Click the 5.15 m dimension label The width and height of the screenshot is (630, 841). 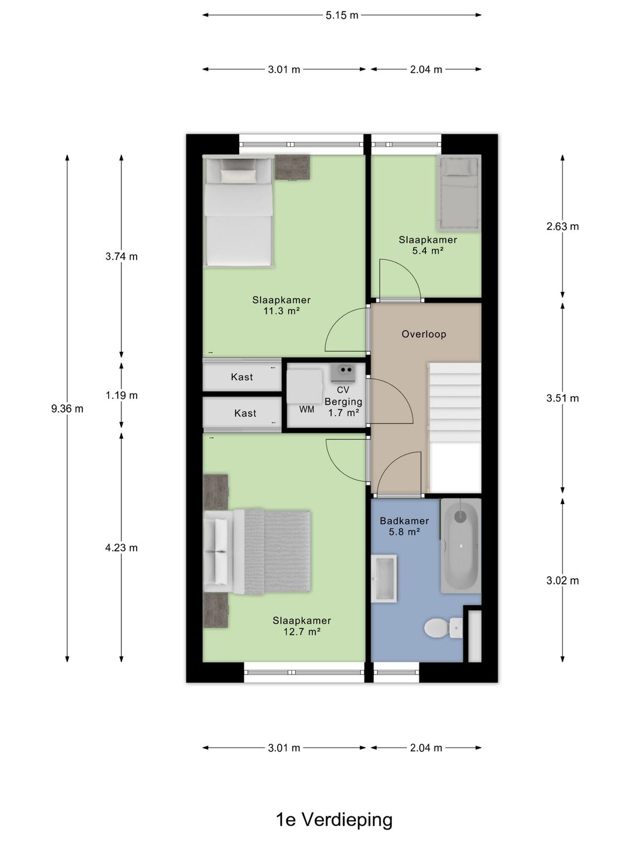tap(342, 15)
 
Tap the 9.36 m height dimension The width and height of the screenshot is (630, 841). tap(67, 408)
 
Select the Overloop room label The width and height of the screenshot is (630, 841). tap(424, 334)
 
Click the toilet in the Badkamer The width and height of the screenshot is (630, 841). tap(443, 628)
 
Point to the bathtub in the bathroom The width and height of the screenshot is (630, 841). tap(461, 545)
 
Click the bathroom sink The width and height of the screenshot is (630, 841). tap(384, 579)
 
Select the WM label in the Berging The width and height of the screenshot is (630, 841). tap(307, 409)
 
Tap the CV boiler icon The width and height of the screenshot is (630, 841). tap(343, 373)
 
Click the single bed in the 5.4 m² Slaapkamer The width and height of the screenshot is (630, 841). tap(459, 193)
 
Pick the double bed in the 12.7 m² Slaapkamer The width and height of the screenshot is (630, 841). tap(257, 551)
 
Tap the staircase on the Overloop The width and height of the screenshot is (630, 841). tap(455, 428)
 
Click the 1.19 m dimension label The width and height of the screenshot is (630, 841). tap(122, 395)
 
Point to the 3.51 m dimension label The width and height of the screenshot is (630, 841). tap(562, 398)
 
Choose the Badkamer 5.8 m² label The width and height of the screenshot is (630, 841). tap(404, 526)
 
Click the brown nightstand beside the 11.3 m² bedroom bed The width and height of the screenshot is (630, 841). tap(292, 167)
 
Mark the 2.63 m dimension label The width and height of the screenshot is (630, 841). tap(562, 226)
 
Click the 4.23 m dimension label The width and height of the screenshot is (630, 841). tap(122, 547)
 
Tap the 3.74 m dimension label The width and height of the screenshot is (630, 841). tap(122, 256)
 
